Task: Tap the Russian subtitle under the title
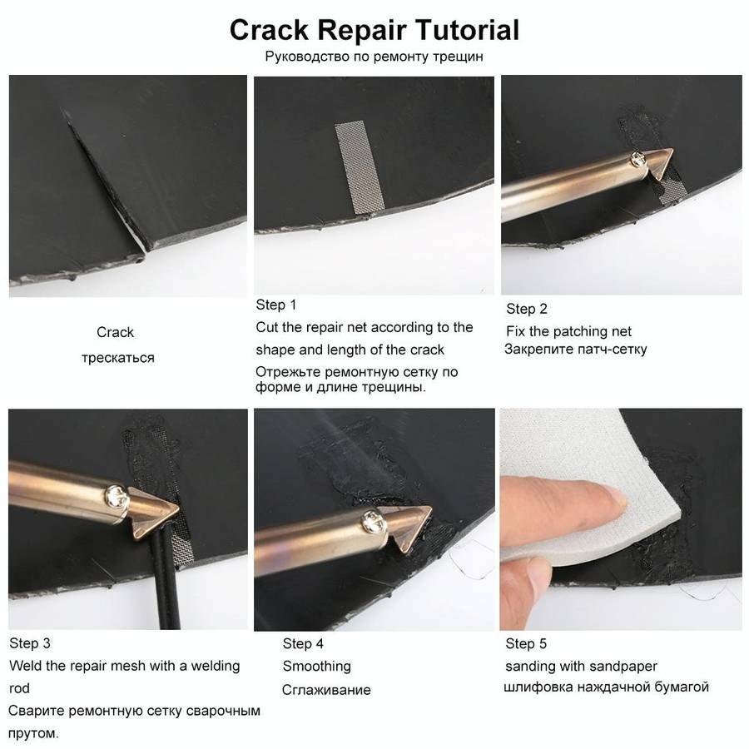click(x=374, y=57)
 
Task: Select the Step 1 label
click(x=276, y=305)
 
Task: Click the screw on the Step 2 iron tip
click(x=635, y=157)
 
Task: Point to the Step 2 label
click(x=527, y=309)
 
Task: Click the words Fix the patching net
click(x=568, y=331)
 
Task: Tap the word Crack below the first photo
click(x=115, y=332)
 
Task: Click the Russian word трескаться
click(x=117, y=358)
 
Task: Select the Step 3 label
click(x=30, y=643)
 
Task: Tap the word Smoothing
click(x=316, y=666)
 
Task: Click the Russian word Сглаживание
click(x=326, y=690)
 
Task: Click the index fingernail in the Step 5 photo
click(x=613, y=500)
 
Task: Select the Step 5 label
click(x=526, y=643)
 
